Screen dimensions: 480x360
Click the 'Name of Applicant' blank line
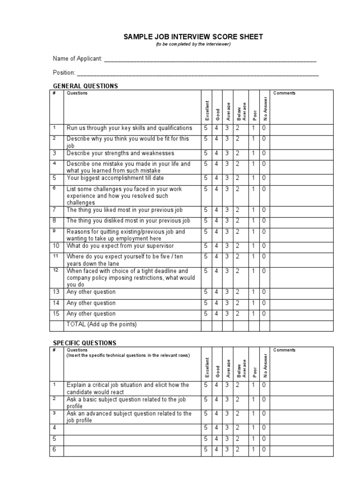click(x=210, y=60)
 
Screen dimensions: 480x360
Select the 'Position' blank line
click(x=197, y=73)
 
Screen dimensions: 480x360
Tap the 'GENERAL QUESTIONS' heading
click(x=85, y=86)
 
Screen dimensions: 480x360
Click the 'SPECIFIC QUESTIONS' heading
click(x=84, y=343)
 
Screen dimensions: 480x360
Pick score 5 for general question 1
click(x=205, y=128)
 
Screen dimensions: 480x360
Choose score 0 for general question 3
click(x=264, y=153)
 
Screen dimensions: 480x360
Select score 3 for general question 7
click(x=227, y=210)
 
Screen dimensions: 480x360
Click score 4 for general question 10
click(x=217, y=246)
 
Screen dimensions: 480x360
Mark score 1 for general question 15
click(x=254, y=314)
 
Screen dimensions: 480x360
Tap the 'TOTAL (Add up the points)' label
click(x=102, y=324)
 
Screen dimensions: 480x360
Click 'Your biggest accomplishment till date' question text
click(x=115, y=178)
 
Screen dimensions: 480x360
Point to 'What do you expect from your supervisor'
click(x=120, y=246)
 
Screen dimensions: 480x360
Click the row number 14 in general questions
click(x=56, y=303)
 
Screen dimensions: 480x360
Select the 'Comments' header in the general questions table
click(x=284, y=93)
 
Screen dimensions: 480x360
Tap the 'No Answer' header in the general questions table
click(x=265, y=107)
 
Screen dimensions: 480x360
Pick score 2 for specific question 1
click(x=238, y=385)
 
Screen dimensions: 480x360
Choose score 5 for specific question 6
click(x=205, y=450)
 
